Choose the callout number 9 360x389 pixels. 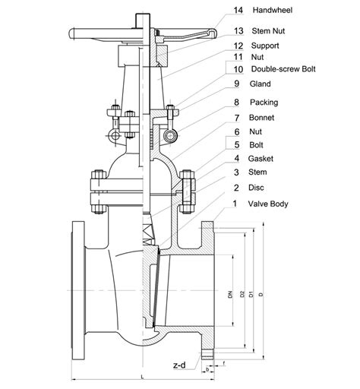coord(238,84)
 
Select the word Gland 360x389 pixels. coord(264,84)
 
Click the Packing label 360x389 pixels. coord(267,101)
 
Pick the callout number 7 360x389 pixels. coord(238,118)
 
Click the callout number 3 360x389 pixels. coord(237,173)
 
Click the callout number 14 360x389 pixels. coord(238,11)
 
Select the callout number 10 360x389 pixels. coord(238,69)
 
